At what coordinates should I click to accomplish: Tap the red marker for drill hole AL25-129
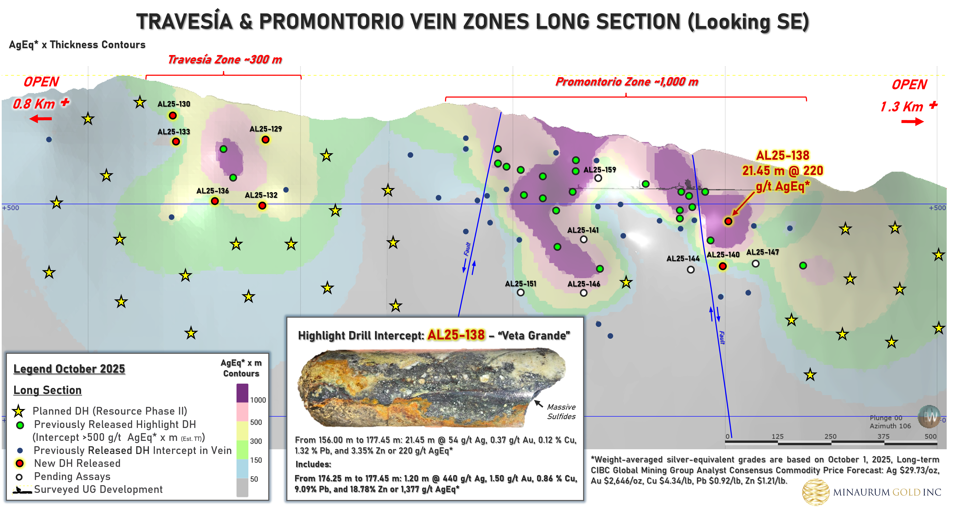coord(265,140)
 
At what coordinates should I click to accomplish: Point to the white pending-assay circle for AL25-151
coord(520,293)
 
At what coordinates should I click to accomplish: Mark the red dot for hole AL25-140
coord(722,266)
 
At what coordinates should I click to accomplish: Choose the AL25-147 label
coord(762,252)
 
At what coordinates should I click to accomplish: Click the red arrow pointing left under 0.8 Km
coord(41,119)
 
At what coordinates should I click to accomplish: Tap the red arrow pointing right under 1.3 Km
coord(912,122)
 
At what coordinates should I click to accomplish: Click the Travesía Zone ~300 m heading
coord(225,60)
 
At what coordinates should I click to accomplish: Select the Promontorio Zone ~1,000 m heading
coord(627,82)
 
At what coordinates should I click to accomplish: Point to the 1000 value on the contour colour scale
coord(258,400)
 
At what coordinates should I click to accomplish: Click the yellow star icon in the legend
coord(18,411)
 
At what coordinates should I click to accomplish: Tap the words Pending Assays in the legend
coord(72,477)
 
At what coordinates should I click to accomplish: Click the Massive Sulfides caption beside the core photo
coord(561,412)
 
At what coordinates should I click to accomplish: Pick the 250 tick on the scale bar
coord(830,437)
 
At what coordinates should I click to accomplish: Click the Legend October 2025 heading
coord(69,369)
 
